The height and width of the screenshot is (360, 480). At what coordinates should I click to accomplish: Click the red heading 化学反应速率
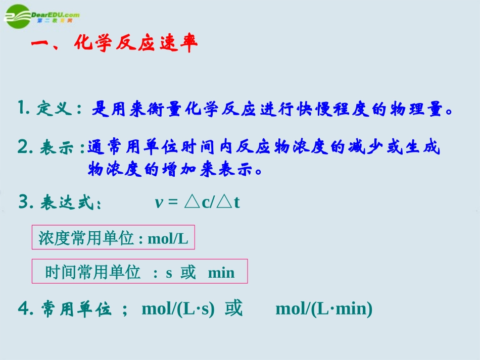(135, 44)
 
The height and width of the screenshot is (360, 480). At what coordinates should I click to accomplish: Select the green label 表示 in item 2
(55, 148)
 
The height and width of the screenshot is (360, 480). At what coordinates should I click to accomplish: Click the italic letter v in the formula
(158, 203)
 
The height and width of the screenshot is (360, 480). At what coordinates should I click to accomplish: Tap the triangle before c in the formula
(192, 202)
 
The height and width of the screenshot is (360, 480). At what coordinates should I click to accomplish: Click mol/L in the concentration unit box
(168, 239)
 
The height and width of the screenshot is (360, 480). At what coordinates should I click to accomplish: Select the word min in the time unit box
(221, 273)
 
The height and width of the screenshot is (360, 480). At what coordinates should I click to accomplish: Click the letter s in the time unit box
(169, 273)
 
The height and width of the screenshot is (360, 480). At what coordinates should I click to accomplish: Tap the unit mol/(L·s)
(178, 308)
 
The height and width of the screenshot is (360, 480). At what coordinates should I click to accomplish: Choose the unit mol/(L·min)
(324, 308)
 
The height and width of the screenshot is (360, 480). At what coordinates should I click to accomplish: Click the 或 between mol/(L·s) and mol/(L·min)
(234, 308)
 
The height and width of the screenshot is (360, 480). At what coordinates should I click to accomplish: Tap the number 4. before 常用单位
(25, 308)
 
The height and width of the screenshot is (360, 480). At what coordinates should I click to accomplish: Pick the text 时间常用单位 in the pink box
(92, 273)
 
